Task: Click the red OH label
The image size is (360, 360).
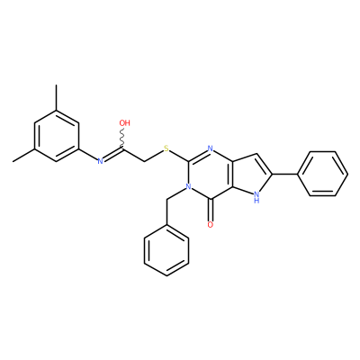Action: coord(124,122)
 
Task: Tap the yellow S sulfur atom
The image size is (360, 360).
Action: coord(166,148)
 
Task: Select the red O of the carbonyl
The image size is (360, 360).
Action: coord(211,225)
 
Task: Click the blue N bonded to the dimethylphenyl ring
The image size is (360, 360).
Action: coord(101,161)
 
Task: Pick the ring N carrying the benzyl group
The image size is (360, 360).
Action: coord(188,187)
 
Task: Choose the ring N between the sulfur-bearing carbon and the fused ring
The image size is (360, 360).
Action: coord(211,148)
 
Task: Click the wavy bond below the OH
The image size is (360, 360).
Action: coord(122,139)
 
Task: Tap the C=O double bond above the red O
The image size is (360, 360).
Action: coord(211,210)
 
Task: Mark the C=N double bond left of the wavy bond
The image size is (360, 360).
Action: coord(112,155)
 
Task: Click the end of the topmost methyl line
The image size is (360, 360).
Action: coord(56,85)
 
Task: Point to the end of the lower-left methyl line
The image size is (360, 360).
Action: coord(13,162)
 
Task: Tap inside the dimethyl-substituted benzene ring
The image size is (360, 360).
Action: coord(56,136)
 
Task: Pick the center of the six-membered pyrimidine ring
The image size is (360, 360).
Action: coord(211,174)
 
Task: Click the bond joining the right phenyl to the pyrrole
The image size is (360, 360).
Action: coord(284,174)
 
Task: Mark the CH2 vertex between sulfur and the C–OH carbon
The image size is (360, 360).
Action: coord(145,161)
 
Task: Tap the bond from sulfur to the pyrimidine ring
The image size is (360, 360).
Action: coord(179,156)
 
